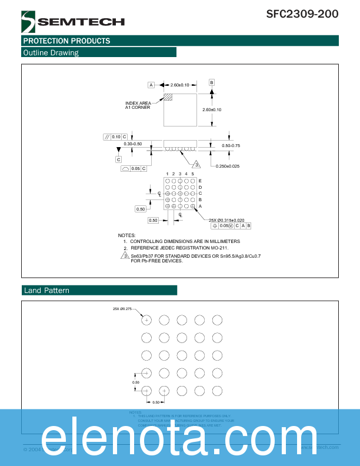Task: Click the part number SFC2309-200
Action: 302,14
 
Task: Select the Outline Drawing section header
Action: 51,52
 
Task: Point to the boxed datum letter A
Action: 151,85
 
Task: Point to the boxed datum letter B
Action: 212,82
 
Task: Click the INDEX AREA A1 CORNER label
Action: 138,105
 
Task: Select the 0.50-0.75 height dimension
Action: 231,145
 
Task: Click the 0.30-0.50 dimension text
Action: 133,144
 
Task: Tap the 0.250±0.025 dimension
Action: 228,166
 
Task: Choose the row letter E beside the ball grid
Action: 200,181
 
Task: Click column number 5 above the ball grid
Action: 192,174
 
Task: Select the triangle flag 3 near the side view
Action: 197,164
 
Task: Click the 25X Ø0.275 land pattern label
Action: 124,308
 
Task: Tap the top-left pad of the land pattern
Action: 146,319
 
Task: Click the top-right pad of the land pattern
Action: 217,319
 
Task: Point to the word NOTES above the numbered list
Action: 126,235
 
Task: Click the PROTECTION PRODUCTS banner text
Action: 66,41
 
